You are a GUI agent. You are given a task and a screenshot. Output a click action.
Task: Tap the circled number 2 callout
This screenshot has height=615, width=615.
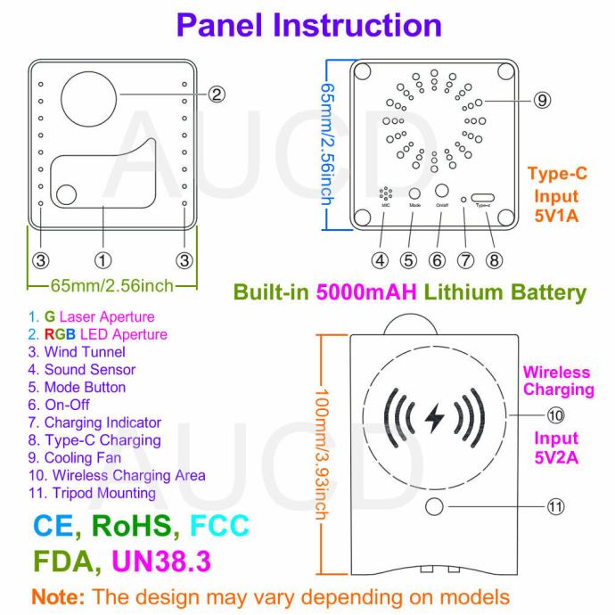(217, 93)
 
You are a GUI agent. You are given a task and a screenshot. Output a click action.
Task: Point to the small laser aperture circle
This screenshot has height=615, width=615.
(68, 193)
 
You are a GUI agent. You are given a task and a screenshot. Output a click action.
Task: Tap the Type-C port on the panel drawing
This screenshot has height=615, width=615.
(484, 196)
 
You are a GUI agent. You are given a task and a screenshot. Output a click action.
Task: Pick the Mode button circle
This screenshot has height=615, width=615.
(414, 193)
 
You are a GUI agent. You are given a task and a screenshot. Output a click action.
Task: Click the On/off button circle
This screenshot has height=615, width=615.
(442, 190)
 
